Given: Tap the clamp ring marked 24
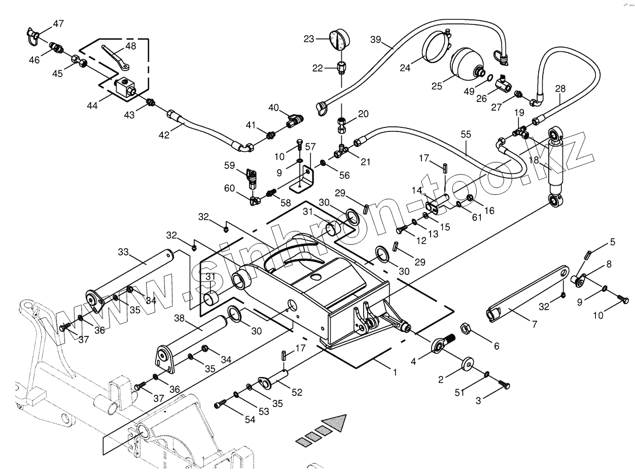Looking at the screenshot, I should [x=436, y=47].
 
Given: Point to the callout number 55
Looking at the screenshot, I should [x=466, y=134].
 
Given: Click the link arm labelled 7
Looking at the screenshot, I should [x=527, y=292].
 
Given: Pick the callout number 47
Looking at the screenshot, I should [x=59, y=23].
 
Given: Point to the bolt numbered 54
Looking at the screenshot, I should [x=219, y=404].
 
